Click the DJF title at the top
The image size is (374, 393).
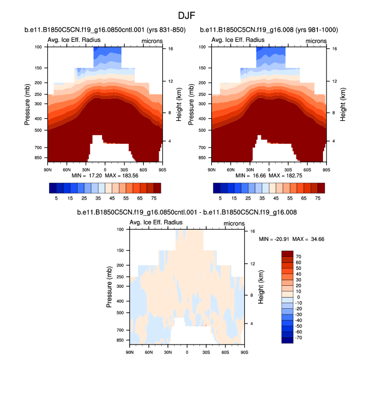click(186, 16)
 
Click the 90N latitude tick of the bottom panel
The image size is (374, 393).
click(130, 352)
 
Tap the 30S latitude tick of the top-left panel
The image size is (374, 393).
click(124, 169)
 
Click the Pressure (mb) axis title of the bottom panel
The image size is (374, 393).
click(109, 287)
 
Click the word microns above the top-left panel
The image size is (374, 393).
click(152, 40)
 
